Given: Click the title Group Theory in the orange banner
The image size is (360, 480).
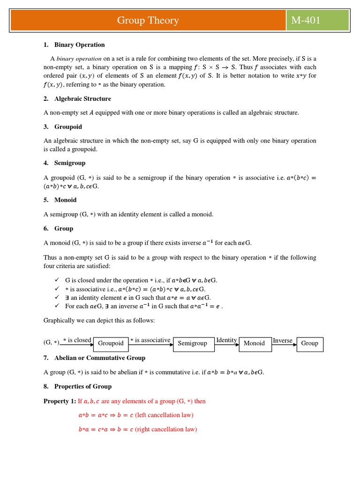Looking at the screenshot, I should pyautogui.click(x=148, y=21).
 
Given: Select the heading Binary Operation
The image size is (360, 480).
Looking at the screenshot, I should pyautogui.click(x=79, y=45).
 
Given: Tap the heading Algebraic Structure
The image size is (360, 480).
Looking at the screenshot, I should pyautogui.click(x=82, y=99).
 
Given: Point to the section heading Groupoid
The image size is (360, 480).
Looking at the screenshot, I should pyautogui.click(x=68, y=127).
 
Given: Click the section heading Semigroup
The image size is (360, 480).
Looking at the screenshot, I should pyautogui.click(x=70, y=163).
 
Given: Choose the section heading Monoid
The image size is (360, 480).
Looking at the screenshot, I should pyautogui.click(x=65, y=200).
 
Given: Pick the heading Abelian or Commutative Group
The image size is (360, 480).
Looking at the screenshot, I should pyautogui.click(x=99, y=358).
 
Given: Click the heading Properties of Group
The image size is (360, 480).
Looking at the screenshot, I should pyautogui.click(x=82, y=387).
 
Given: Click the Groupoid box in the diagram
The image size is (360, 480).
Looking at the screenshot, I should pyautogui.click(x=111, y=344).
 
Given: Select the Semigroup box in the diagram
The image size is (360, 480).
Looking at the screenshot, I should pyautogui.click(x=192, y=344).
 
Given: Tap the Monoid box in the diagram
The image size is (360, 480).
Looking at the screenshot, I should pyautogui.click(x=254, y=344).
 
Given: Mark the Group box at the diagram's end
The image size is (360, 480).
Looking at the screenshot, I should pyautogui.click(x=309, y=344).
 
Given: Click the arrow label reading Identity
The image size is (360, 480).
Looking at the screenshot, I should pyautogui.click(x=226, y=340).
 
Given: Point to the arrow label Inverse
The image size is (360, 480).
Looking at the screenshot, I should pyautogui.click(x=283, y=340).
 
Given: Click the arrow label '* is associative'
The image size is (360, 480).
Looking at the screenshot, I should pyautogui.click(x=150, y=340).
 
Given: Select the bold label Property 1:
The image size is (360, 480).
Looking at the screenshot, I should pyautogui.click(x=60, y=401).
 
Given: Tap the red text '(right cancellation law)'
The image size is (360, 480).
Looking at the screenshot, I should pyautogui.click(x=166, y=429).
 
